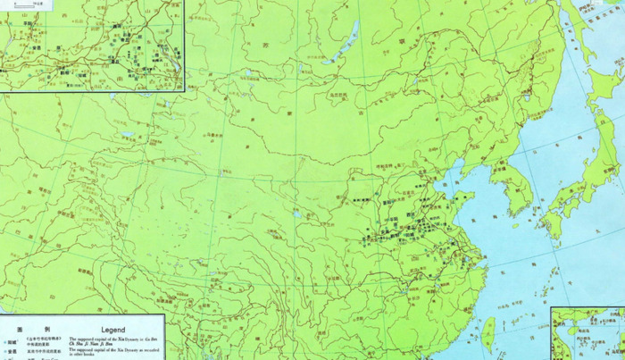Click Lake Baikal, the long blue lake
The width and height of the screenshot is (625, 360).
tap(342, 44)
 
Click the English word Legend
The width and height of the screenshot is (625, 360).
tap(112, 330)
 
